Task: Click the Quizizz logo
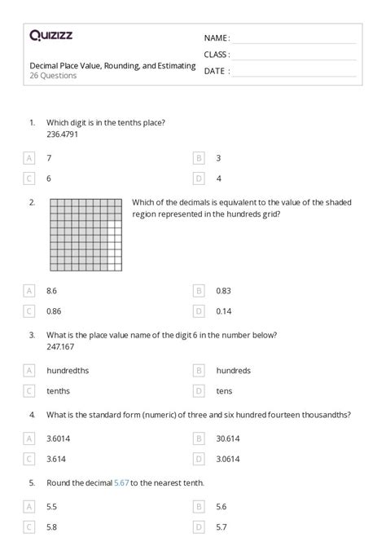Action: point(50,35)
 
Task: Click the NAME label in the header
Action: point(217,37)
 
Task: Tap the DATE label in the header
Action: point(216,71)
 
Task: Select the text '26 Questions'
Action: point(53,76)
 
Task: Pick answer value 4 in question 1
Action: point(218,178)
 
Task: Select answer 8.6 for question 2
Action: point(52,290)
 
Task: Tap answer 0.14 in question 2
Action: point(223,311)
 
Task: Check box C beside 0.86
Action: point(30,311)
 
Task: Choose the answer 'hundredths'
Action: point(68,370)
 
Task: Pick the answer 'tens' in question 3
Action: point(224,391)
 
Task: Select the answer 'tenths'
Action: point(58,391)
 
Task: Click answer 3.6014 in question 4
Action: point(58,438)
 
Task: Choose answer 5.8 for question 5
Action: point(52,527)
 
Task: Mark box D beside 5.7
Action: point(199,527)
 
